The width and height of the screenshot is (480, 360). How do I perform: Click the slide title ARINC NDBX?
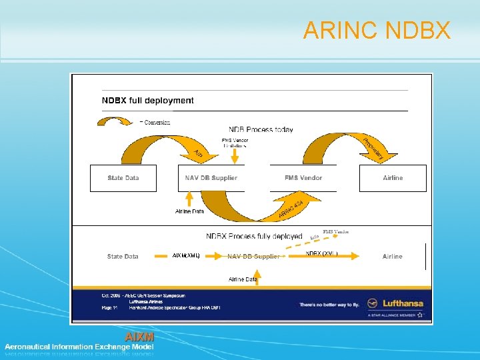tap(377, 31)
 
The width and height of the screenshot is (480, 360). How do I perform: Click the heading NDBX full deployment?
tap(147, 101)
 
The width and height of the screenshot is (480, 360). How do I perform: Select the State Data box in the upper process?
tap(123, 178)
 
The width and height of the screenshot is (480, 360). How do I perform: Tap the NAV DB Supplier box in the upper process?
tap(211, 178)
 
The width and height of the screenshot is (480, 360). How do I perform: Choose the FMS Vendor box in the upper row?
tap(303, 178)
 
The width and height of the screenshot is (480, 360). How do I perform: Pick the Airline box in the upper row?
tap(393, 178)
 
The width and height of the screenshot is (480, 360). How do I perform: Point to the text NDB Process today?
tap(261, 129)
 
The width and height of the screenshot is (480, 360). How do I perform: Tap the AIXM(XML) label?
tap(186, 255)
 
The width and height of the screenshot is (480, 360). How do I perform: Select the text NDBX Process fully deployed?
tap(254, 236)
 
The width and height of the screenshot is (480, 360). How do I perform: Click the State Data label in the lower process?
tap(123, 256)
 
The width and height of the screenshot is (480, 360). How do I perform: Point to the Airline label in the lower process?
tap(392, 256)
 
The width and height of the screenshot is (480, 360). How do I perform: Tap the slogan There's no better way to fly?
tap(329, 304)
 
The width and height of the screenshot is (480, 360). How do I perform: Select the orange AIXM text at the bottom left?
tap(139, 337)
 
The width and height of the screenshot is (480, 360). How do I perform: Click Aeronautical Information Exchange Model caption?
tap(79, 347)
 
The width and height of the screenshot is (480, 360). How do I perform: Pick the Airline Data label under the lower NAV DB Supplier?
tap(243, 279)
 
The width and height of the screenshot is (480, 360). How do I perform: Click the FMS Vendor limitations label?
tap(235, 143)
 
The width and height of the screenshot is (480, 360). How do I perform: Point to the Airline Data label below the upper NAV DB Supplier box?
tap(189, 211)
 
